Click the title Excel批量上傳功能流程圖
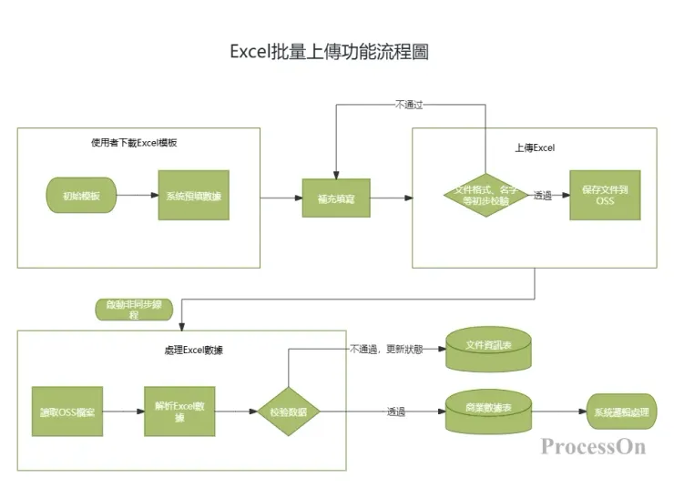tap(329, 52)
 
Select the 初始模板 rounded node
tap(82, 196)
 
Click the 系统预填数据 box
tap(193, 196)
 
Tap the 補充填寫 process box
tap(336, 197)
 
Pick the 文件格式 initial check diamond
tap(485, 195)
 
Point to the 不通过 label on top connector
tap(409, 104)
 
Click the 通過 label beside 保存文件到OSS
tap(543, 196)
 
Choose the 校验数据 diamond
tap(288, 412)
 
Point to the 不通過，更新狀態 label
tap(386, 349)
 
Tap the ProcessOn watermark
tap(592, 446)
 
